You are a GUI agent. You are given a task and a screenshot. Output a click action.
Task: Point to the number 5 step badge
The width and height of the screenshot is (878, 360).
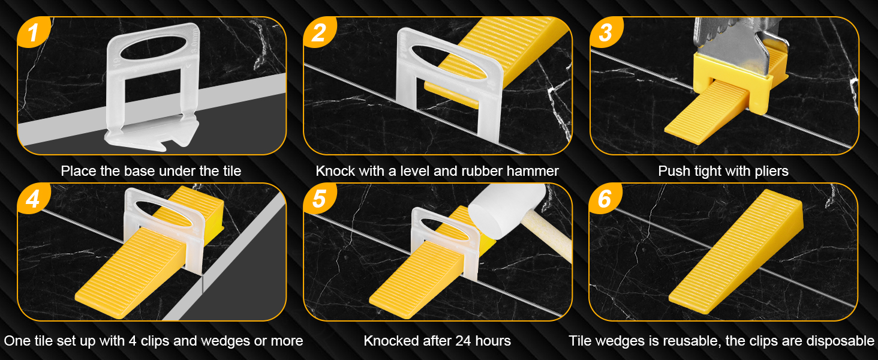pyautogui.click(x=319, y=198)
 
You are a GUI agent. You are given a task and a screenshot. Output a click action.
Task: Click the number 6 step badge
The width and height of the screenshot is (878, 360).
pyautogui.click(x=605, y=198)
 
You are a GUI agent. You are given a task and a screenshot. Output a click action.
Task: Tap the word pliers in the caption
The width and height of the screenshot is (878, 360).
pyautogui.click(x=769, y=172)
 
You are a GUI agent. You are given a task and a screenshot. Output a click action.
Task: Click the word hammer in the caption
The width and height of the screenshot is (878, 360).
pyautogui.click(x=533, y=172)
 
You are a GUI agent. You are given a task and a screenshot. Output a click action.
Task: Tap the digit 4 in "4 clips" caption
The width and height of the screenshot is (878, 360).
pyautogui.click(x=131, y=341)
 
